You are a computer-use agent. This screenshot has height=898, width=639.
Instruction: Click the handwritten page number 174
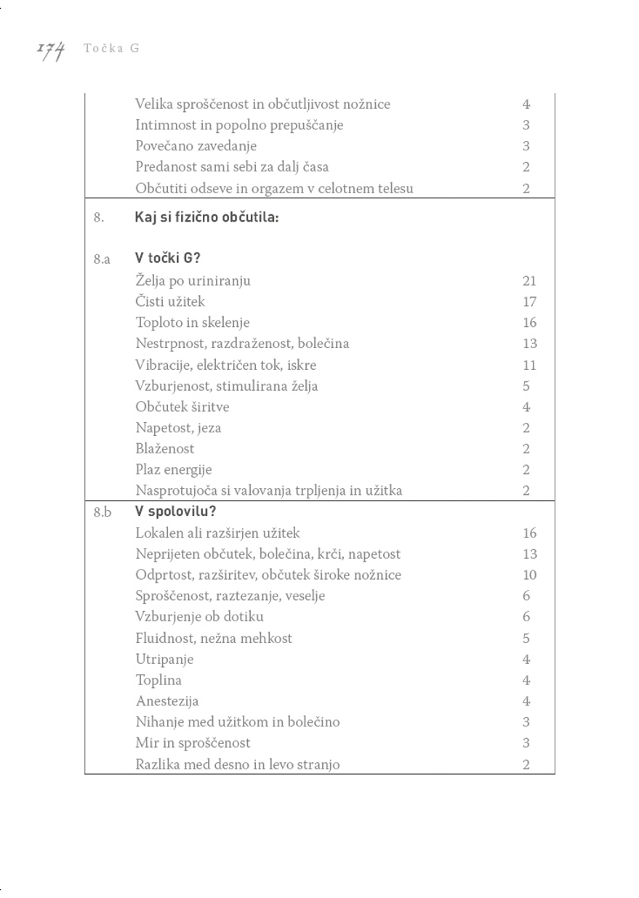coord(51,50)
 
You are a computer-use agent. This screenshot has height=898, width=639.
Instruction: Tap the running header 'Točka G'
coord(111,49)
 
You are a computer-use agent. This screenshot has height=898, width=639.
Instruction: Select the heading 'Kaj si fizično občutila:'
coord(206,217)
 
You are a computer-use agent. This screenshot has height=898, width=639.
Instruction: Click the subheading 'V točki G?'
coord(168,258)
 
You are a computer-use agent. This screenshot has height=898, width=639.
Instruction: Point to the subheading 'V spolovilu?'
coord(175,511)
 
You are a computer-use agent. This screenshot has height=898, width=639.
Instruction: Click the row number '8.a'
coord(102,259)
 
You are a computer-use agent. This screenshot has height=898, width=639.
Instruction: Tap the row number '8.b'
coord(102,511)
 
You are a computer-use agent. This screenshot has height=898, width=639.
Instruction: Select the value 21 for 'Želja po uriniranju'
coord(529,280)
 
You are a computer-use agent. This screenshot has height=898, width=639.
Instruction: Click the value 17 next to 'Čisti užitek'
coord(529,302)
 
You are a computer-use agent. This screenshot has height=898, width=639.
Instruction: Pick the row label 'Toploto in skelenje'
coord(192,323)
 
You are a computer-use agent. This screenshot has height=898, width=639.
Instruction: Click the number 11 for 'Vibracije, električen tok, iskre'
coord(529,365)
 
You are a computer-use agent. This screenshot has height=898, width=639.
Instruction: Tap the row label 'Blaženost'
coord(164,448)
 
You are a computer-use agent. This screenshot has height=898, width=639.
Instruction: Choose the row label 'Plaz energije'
coord(173,469)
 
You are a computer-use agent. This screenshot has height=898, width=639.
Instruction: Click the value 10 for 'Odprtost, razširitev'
coord(529,575)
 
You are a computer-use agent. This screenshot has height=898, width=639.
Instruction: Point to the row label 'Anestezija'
coord(166,701)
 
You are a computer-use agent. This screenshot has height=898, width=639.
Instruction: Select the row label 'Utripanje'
coord(164,659)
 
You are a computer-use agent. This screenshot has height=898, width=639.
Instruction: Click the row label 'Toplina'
coord(158,680)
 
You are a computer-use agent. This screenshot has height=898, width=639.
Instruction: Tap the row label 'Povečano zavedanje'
coord(196,145)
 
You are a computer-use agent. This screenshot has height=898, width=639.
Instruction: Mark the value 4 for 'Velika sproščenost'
coord(526,104)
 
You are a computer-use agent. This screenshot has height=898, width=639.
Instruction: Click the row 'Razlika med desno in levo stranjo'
coord(237,764)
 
